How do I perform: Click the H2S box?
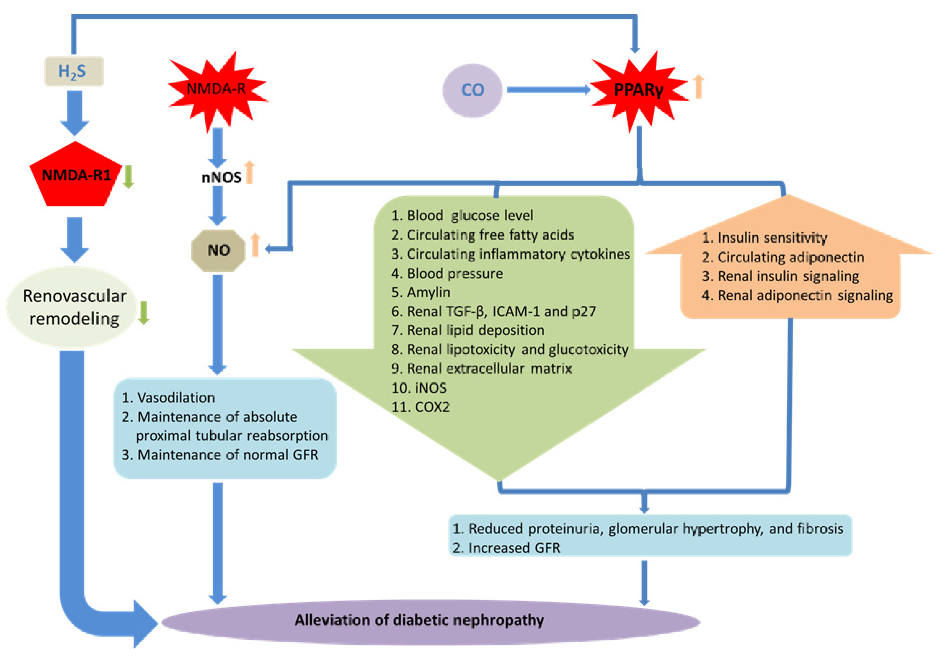(74, 72)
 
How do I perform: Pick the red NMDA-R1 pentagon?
(76, 176)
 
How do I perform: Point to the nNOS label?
(221, 177)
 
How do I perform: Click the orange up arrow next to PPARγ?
(699, 87)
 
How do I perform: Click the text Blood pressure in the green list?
(454, 273)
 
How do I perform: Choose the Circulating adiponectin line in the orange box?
(790, 257)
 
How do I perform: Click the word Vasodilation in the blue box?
(176, 397)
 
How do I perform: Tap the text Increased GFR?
(514, 548)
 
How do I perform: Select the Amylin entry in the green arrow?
(428, 292)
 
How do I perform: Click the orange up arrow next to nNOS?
(249, 172)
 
